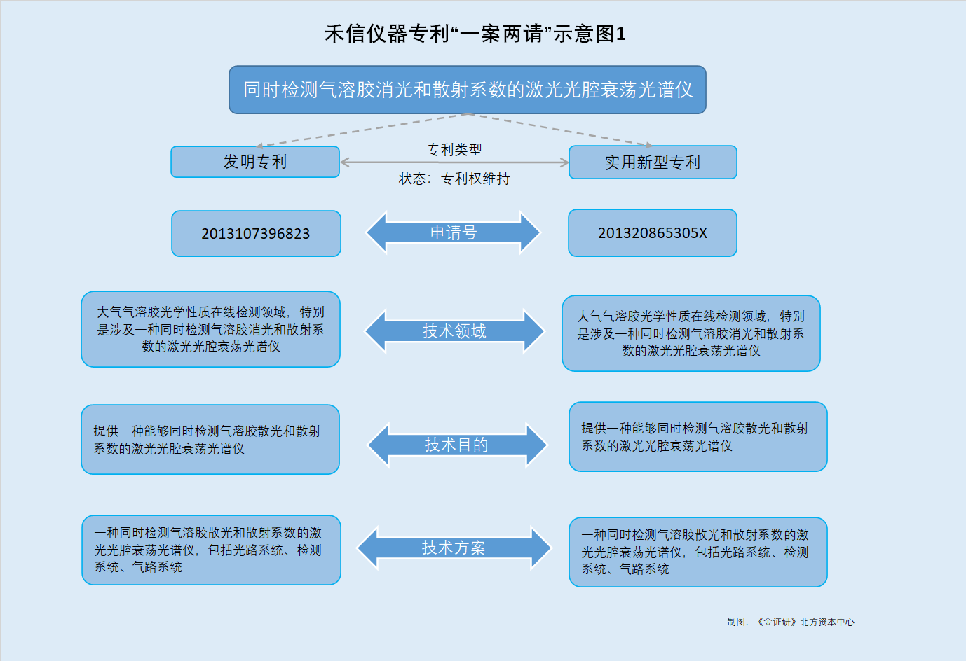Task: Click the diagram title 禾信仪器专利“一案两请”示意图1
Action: point(475,34)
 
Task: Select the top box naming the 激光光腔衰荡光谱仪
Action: point(468,90)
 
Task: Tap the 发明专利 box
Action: point(255,162)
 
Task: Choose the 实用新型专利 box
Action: point(653,162)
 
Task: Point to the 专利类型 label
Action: point(454,149)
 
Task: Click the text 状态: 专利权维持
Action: point(454,179)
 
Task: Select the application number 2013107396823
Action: point(256,233)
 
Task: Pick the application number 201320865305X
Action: point(653,233)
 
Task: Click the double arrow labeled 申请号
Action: point(454,232)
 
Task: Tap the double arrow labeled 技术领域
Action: point(454,331)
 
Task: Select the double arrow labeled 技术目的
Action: point(457,445)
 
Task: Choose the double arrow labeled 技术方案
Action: point(454,548)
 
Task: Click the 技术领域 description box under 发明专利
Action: point(210,329)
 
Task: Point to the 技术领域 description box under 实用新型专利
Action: point(691,333)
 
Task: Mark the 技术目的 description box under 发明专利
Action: point(210,439)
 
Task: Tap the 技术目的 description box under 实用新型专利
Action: point(698,437)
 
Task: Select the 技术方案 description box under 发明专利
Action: point(211,550)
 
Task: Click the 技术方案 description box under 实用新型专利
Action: point(698,552)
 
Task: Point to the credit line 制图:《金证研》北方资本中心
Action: point(791,622)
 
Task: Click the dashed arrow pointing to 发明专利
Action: point(362,130)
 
